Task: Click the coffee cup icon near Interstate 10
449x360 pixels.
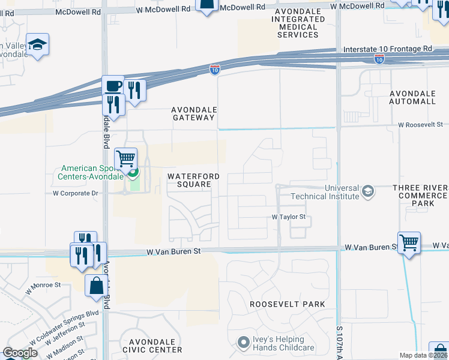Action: tap(112, 86)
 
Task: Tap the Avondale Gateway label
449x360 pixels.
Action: tap(193, 113)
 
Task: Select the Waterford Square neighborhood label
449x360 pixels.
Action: tap(190, 180)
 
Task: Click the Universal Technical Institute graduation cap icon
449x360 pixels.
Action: tap(368, 192)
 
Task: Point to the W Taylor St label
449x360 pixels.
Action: tap(289, 217)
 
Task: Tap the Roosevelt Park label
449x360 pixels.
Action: tap(288, 304)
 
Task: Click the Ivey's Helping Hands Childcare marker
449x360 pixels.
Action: tap(243, 343)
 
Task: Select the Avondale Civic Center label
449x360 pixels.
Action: tap(152, 345)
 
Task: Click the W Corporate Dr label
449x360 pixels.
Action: tap(76, 193)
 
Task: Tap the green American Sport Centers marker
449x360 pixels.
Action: tap(132, 175)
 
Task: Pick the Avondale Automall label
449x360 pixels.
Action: tap(412, 98)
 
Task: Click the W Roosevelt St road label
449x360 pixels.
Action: tap(420, 125)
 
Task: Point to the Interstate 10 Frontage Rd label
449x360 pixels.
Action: tap(387, 49)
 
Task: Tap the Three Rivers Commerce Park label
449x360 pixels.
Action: tap(420, 196)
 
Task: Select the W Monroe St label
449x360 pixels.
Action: tap(44, 289)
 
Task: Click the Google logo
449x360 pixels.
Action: tap(20, 353)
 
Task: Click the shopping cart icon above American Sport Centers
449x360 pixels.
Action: tap(125, 159)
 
